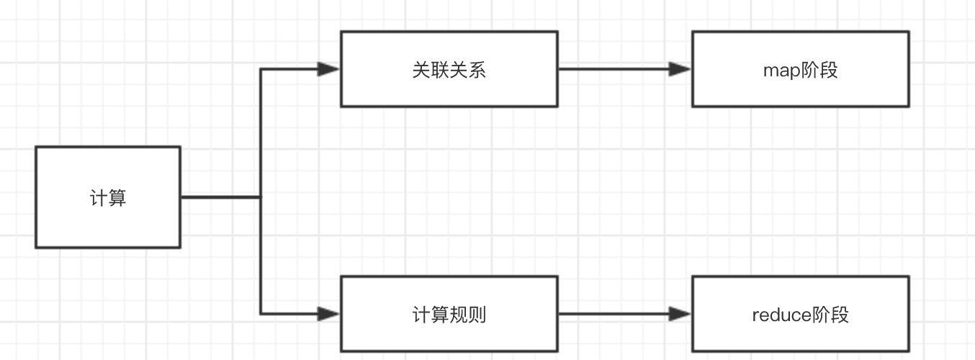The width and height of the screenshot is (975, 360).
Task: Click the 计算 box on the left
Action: coord(108,197)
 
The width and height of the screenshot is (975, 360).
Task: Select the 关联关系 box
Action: coord(449,69)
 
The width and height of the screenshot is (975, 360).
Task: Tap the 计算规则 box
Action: coord(449,314)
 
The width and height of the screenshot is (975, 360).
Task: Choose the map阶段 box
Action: coord(800,69)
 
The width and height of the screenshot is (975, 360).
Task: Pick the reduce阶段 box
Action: coord(800,314)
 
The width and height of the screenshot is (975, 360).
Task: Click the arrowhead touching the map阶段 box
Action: coord(680,69)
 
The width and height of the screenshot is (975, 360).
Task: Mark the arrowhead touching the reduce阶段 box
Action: coord(680,314)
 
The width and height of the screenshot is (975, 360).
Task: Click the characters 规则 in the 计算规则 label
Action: coord(468,315)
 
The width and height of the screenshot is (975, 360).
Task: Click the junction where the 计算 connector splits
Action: coord(261,197)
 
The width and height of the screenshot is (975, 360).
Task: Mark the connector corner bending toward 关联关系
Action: coord(261,69)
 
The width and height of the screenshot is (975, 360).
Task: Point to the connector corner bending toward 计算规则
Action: coord(261,314)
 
